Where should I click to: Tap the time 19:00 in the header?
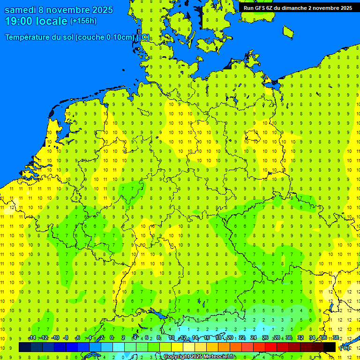point(20,21)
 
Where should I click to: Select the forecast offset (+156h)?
point(83,21)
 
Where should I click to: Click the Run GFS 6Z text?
point(257,8)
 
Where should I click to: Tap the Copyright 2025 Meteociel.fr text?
point(199,357)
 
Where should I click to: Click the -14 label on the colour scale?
point(31,338)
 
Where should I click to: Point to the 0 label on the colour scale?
point(112,338)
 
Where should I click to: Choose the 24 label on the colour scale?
point(254,338)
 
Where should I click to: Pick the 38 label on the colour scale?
point(335,338)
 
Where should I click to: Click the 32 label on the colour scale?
point(300,338)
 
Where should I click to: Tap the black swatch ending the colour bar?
point(330,347)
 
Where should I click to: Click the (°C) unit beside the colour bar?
point(344,348)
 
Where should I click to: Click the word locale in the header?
point(52,21)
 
